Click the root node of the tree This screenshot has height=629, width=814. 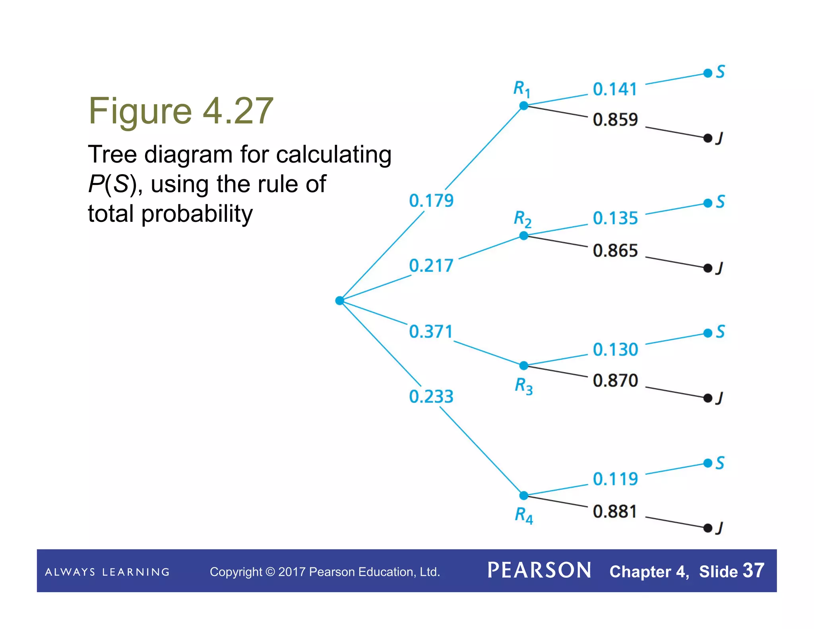coord(339,301)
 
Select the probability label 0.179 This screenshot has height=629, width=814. coord(431,200)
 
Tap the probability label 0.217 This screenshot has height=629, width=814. coord(431,266)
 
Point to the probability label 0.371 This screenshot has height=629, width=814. coord(431,332)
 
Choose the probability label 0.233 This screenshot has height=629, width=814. coord(431,396)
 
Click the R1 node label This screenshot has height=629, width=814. coord(522,89)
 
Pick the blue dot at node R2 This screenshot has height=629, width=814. coord(524,236)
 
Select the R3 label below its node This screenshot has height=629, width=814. coord(524,386)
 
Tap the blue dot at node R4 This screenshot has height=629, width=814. coord(524,495)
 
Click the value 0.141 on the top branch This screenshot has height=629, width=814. coord(615,89)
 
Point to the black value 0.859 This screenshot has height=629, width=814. coord(615,120)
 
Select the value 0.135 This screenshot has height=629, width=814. coord(615,218)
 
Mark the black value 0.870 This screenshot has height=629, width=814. coord(615,381)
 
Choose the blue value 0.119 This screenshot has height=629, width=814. coord(615,479)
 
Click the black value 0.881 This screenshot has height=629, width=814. coord(615,512)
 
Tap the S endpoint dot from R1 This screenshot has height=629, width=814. coord(708,73)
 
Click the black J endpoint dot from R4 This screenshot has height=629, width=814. coord(708,528)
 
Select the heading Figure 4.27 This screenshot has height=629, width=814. coord(181,111)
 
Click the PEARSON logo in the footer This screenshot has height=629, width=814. coord(539,571)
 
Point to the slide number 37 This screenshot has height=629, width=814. coord(753,571)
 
